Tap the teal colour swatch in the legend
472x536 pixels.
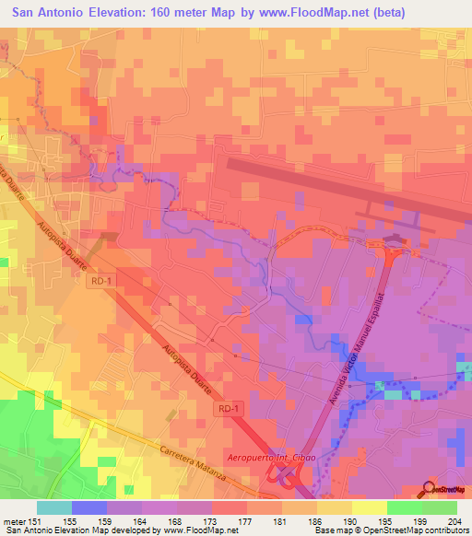click(54, 507)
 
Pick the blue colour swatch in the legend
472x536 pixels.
click(89, 507)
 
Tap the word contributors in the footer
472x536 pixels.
click(446, 531)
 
